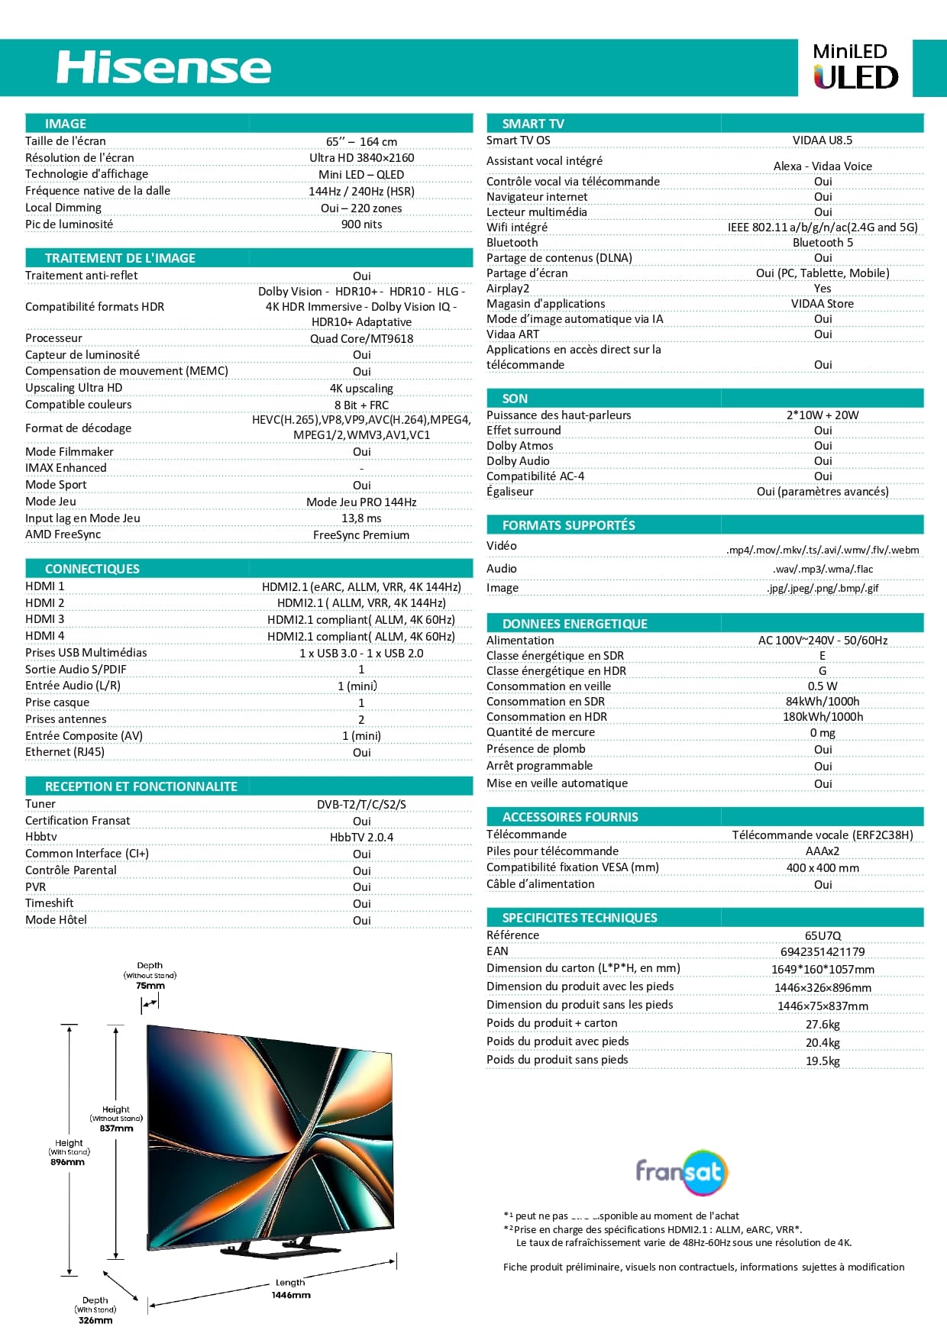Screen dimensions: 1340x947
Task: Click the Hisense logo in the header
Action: click(x=163, y=68)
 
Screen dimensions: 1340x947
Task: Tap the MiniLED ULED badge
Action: click(x=855, y=67)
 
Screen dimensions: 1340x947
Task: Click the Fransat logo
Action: click(x=681, y=1171)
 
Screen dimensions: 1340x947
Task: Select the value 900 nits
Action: click(x=361, y=224)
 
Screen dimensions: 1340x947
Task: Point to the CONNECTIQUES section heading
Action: click(x=92, y=569)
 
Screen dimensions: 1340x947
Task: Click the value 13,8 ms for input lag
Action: click(x=361, y=518)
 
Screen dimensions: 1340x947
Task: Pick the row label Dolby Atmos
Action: click(x=519, y=446)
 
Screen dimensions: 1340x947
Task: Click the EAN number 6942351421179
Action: click(x=823, y=952)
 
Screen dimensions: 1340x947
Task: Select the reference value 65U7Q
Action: click(x=823, y=936)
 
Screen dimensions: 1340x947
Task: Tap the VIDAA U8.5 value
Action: click(x=823, y=140)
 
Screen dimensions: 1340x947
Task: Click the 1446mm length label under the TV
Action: click(x=291, y=1295)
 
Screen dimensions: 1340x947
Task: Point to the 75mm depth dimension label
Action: click(x=150, y=986)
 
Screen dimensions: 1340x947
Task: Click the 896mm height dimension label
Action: click(x=68, y=1162)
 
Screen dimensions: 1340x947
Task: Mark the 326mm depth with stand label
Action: click(x=95, y=1320)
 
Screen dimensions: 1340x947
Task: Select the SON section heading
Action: click(x=515, y=399)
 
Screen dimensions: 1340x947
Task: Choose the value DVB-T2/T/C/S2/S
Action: click(x=361, y=805)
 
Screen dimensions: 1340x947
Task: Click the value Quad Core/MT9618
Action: click(x=361, y=339)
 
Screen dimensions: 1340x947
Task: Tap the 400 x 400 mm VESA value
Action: click(x=823, y=868)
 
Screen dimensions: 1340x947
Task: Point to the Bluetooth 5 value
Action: click(x=823, y=243)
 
